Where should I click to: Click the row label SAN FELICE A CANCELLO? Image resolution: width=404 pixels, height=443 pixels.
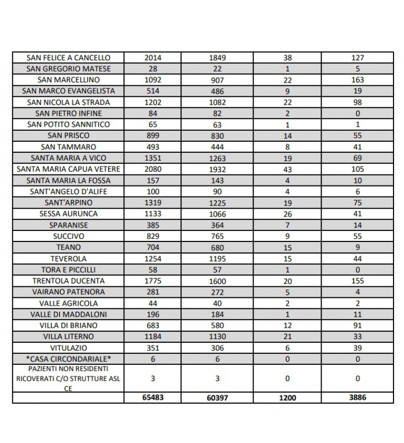[69, 58]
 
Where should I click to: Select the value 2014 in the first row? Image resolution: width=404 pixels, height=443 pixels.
[153, 58]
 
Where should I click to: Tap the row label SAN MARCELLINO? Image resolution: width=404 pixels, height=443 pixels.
[69, 80]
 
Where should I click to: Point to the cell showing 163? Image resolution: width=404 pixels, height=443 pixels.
[358, 80]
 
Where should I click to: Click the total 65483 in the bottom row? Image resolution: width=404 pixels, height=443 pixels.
[153, 397]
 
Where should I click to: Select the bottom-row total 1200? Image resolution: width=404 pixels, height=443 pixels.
[286, 397]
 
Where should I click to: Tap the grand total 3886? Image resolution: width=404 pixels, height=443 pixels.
[358, 397]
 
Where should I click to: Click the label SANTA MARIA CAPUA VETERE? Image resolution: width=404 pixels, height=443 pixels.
[69, 169]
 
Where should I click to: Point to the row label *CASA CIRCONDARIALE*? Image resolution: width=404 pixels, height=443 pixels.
[69, 358]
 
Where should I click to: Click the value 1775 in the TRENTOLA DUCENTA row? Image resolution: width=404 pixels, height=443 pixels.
[153, 281]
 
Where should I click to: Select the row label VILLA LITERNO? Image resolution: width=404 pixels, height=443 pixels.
[69, 336]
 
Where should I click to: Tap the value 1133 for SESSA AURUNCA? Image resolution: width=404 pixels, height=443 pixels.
[153, 214]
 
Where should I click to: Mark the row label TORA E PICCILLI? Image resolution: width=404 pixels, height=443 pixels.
[69, 270]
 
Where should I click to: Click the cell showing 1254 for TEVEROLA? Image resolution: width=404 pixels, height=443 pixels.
[153, 259]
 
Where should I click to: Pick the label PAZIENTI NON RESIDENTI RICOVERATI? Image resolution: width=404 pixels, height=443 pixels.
[69, 378]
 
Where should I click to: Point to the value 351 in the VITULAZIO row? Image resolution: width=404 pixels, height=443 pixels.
[153, 347]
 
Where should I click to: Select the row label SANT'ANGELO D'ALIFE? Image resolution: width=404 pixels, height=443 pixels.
[69, 192]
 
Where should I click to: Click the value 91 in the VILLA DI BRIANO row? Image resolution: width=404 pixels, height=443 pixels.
[358, 325]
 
